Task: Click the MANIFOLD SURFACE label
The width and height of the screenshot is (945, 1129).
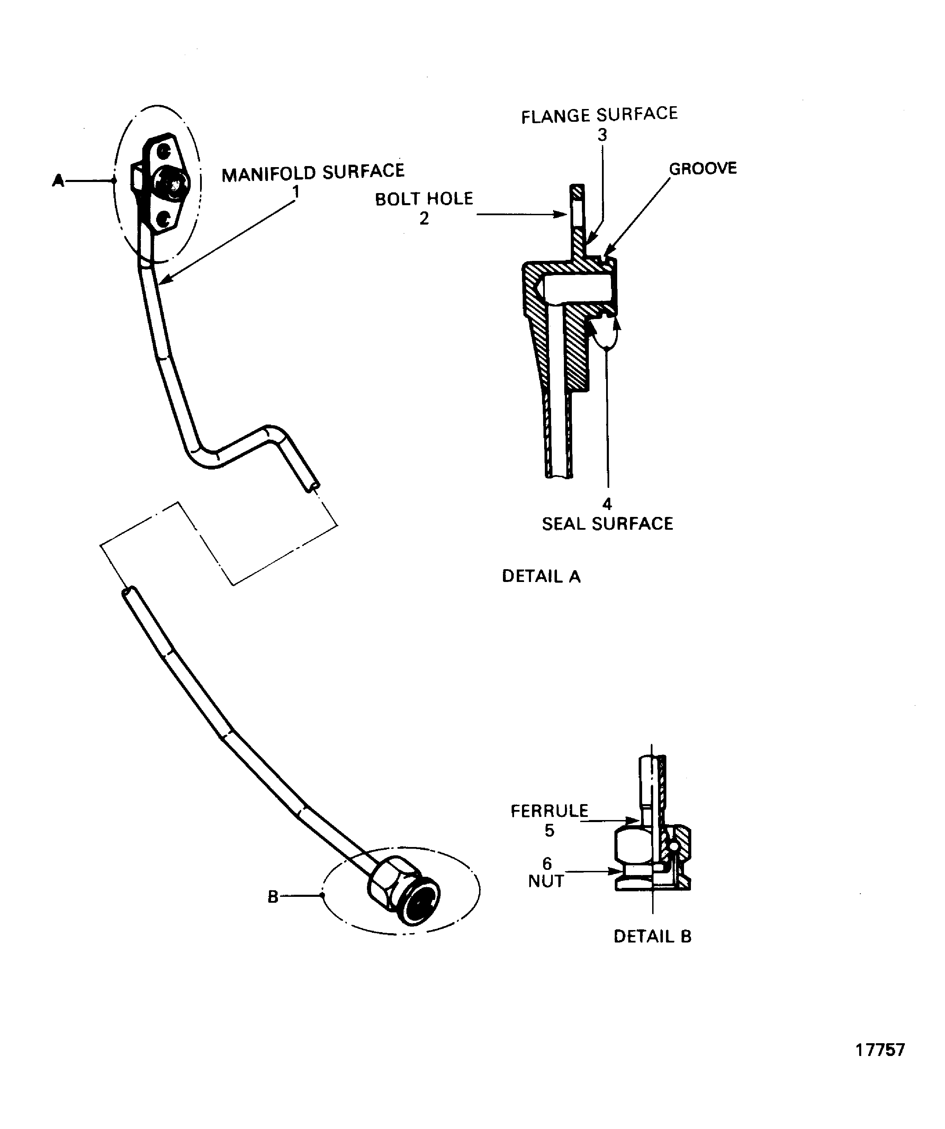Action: click(x=313, y=172)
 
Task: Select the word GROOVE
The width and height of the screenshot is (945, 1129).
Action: click(x=702, y=168)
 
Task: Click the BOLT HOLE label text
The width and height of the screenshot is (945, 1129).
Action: click(x=424, y=199)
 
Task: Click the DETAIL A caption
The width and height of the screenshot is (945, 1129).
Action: click(x=541, y=576)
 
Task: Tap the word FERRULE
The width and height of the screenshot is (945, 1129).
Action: click(x=549, y=811)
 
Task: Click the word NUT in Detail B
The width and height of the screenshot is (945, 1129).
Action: click(x=546, y=881)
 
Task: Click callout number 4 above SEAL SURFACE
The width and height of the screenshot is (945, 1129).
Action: click(x=607, y=504)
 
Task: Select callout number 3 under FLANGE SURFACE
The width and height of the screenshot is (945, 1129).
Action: click(x=602, y=135)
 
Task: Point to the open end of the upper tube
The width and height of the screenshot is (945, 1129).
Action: click(x=314, y=486)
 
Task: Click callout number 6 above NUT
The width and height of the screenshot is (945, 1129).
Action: click(x=547, y=863)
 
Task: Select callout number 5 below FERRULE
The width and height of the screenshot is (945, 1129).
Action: click(x=549, y=831)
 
